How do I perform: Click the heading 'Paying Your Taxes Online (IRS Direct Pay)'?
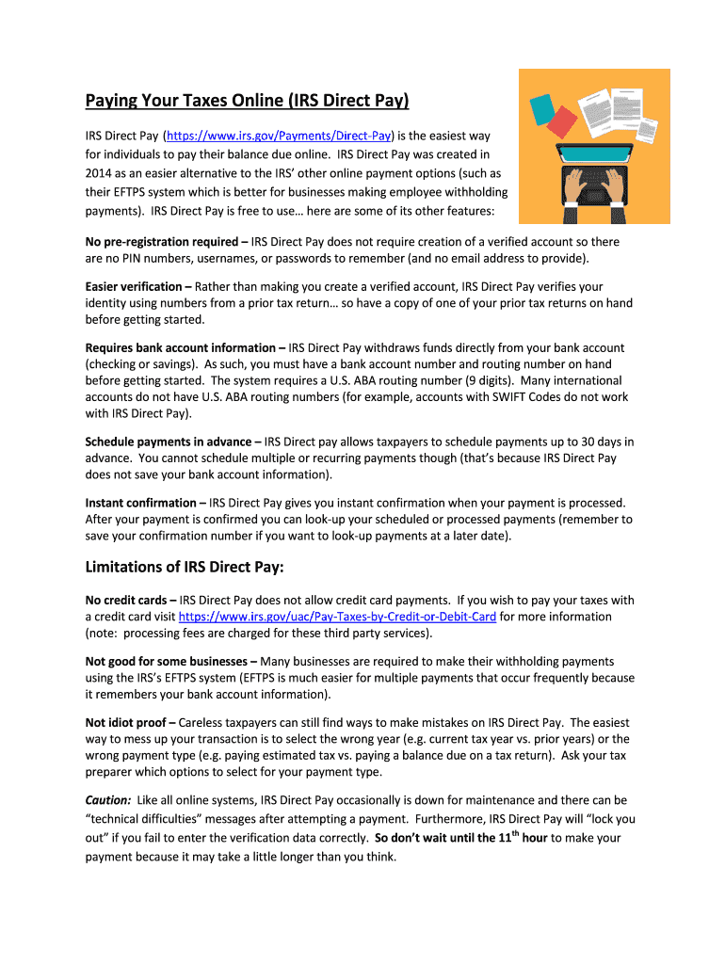tap(247, 100)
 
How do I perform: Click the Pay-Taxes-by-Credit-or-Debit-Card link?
tap(337, 617)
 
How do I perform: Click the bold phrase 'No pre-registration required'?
tap(160, 242)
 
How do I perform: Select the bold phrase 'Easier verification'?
tap(133, 286)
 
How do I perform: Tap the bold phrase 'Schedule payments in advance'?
tap(168, 442)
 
